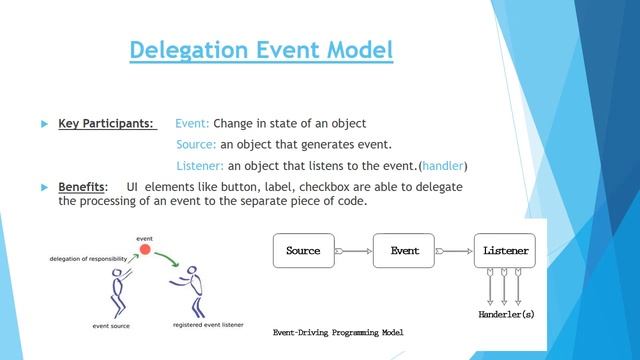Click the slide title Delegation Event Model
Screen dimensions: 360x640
261,49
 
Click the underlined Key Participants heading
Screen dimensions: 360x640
106,124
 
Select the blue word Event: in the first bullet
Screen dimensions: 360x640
192,124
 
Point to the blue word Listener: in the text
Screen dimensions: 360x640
200,166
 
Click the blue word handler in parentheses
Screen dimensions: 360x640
443,166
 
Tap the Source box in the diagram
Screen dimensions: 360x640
303,250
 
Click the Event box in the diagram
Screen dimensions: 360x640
405,250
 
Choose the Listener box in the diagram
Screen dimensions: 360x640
505,250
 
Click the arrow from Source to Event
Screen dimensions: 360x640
353,250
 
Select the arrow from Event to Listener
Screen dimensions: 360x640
455,250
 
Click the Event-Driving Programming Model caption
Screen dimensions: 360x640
338,331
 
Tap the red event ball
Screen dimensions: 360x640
144,250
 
